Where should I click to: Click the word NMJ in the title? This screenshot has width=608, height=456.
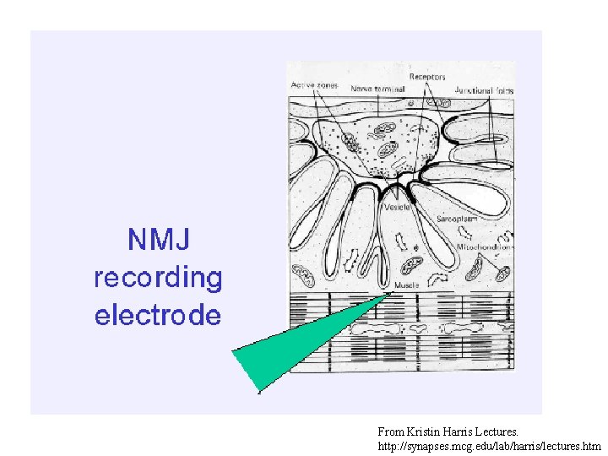click(x=158, y=240)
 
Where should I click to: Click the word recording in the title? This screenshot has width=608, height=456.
click(x=158, y=278)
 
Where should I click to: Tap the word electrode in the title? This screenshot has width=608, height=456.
click(x=158, y=316)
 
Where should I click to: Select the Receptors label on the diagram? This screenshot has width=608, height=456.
click(x=427, y=78)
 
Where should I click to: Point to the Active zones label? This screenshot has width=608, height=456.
click(x=314, y=86)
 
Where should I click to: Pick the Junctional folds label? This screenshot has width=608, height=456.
click(x=484, y=90)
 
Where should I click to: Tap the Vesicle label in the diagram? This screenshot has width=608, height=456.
click(x=397, y=207)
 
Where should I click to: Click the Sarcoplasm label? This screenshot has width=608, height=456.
click(x=457, y=218)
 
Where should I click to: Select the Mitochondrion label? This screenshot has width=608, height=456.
click(x=483, y=247)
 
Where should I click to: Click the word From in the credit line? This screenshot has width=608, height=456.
click(x=390, y=432)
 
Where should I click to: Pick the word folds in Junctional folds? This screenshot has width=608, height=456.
click(x=503, y=90)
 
